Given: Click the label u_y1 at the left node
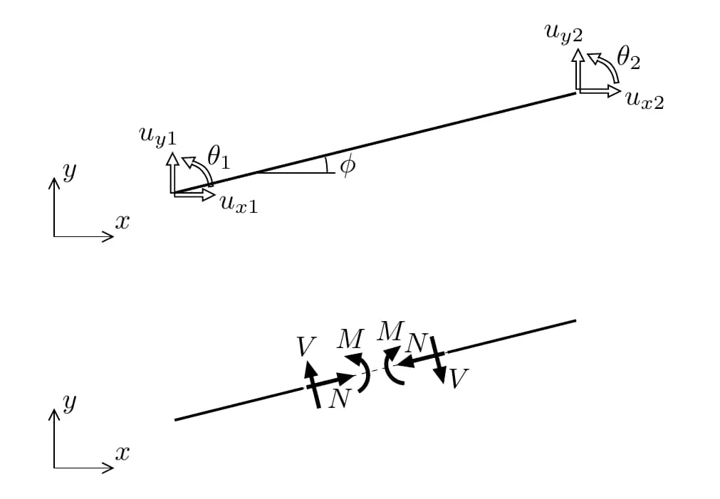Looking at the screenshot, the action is (x=157, y=137).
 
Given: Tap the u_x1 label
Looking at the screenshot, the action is (x=239, y=204).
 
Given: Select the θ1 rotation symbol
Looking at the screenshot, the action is (x=218, y=157).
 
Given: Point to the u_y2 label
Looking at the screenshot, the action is (x=563, y=34).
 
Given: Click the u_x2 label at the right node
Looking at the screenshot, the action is (x=645, y=100).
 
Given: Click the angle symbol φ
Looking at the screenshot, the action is (x=348, y=165).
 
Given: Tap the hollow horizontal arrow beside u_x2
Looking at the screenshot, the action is (x=599, y=91).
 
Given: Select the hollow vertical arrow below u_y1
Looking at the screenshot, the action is (x=172, y=172).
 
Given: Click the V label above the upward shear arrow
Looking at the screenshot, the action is (x=306, y=347).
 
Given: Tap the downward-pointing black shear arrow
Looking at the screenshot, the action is (x=438, y=360).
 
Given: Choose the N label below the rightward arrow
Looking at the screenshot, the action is (x=339, y=399).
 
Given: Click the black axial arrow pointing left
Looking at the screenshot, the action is (x=422, y=359).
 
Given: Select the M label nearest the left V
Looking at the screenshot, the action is (x=350, y=340).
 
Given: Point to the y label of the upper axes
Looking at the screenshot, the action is (x=69, y=172).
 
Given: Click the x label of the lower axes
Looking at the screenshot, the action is (x=122, y=453).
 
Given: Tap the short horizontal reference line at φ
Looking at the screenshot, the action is (x=296, y=172).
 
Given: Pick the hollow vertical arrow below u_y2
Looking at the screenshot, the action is (x=578, y=69).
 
